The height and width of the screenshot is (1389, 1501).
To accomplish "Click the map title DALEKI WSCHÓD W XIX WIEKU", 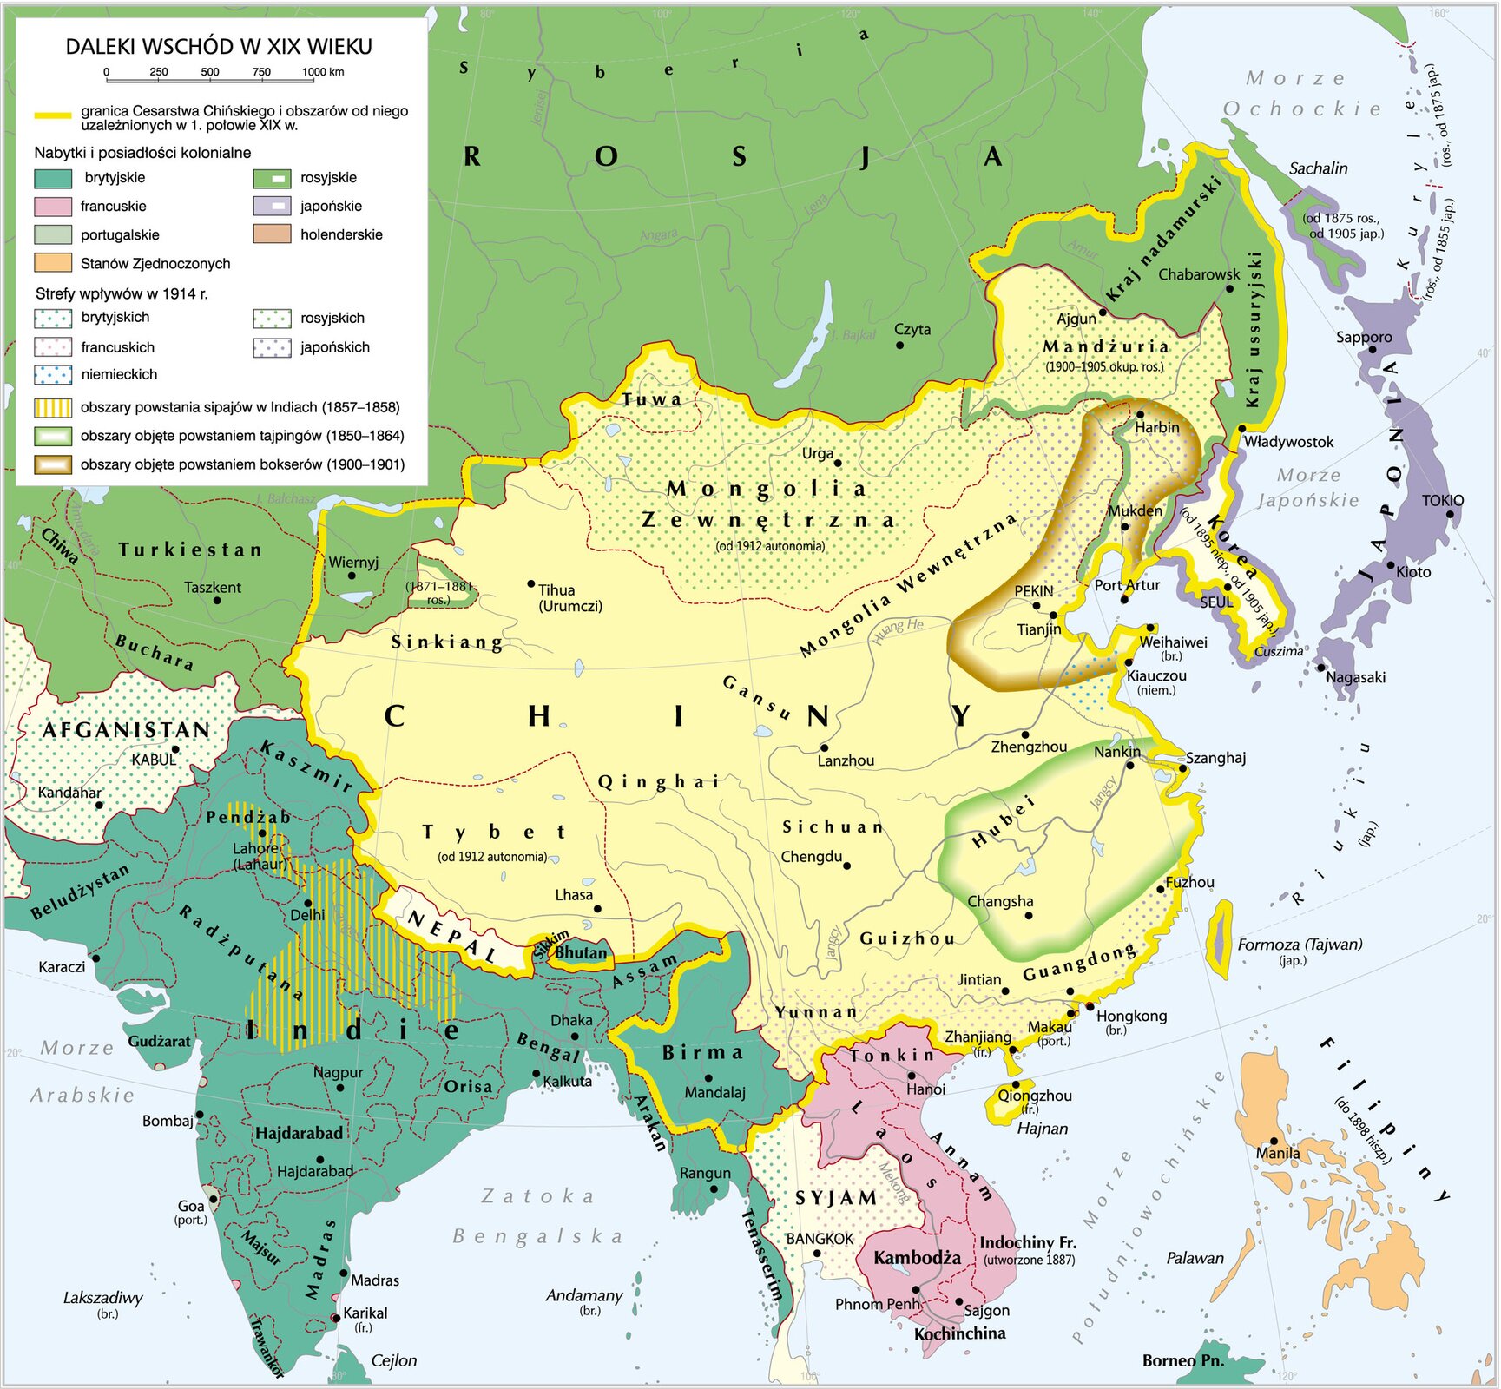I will (x=219, y=47).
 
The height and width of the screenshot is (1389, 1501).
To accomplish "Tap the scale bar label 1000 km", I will (x=323, y=72).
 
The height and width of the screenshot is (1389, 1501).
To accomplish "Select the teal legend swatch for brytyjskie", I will (x=53, y=179).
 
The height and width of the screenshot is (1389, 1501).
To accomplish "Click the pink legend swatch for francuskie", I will (x=53, y=207).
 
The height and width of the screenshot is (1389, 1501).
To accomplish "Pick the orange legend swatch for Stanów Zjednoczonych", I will (x=53, y=263).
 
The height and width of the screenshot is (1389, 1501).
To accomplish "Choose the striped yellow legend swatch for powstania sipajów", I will (x=53, y=407).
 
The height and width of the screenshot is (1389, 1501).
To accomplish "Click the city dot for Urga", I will (x=838, y=464).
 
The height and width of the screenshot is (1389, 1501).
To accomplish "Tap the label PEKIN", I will (x=1033, y=591).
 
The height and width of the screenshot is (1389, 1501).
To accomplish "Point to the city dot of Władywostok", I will (x=1242, y=429).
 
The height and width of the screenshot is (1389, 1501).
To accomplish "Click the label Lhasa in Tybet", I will (x=574, y=895).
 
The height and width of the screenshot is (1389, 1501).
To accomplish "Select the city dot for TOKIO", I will (x=1450, y=515).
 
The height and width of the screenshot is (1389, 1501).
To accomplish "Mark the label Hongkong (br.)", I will (x=1131, y=1017).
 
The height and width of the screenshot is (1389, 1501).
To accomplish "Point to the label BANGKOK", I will (x=820, y=1239).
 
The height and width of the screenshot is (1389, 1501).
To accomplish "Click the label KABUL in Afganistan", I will (x=154, y=760).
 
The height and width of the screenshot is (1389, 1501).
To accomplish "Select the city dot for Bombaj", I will (x=200, y=1114).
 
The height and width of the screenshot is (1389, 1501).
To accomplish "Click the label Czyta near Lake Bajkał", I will (x=912, y=330).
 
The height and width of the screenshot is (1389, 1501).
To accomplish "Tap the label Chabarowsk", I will (x=1199, y=274).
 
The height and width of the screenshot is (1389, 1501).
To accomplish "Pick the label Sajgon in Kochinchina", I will (x=987, y=1311).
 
